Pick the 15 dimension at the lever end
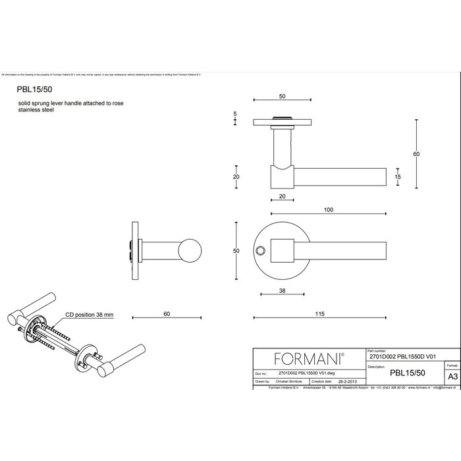[x=398, y=176]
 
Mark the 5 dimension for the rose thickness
[x=235, y=115]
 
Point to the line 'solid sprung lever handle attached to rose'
[x=71, y=104]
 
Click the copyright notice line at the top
[x=132, y=75]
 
